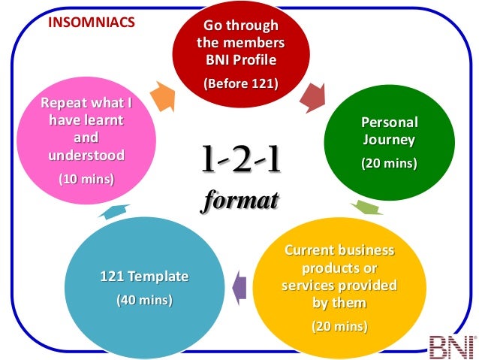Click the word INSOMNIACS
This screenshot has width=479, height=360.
tap(92, 22)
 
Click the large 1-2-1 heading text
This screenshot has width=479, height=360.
tap(240, 159)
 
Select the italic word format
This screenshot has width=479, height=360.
tap(240, 201)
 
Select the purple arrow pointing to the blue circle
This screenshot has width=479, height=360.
tap(239, 287)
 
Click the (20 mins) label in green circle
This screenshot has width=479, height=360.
tap(390, 162)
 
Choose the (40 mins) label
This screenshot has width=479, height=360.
tap(144, 300)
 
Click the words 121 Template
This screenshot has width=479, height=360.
tap(144, 277)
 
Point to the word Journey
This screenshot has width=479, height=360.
tap(390, 140)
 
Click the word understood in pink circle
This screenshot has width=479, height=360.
tap(86, 156)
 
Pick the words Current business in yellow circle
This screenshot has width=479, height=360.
tap(339, 250)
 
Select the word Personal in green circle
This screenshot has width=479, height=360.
tap(390, 122)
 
